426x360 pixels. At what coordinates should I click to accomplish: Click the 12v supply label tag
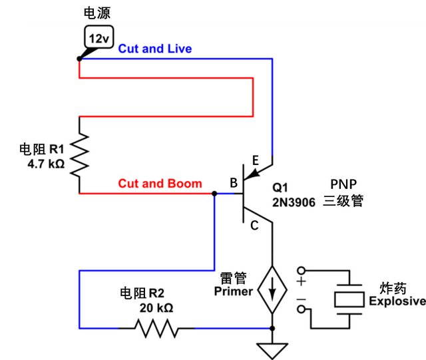(98, 39)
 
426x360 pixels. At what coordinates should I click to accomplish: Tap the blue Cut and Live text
(155, 49)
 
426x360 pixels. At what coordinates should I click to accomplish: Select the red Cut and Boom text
(160, 183)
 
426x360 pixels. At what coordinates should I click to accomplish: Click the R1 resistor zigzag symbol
(79, 154)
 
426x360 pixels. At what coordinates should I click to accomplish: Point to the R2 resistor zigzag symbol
(156, 327)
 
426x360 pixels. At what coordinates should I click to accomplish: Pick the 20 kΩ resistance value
(156, 308)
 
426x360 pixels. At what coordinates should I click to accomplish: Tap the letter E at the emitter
(256, 160)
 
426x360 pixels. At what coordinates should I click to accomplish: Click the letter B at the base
(234, 183)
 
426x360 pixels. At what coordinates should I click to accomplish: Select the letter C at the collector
(254, 226)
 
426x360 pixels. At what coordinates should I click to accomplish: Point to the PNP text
(343, 184)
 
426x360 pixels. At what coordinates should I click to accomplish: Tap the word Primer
(233, 291)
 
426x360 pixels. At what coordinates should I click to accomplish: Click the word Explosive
(397, 301)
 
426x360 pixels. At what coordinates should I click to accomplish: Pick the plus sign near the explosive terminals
(301, 282)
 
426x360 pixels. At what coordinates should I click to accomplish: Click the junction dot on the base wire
(214, 194)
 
